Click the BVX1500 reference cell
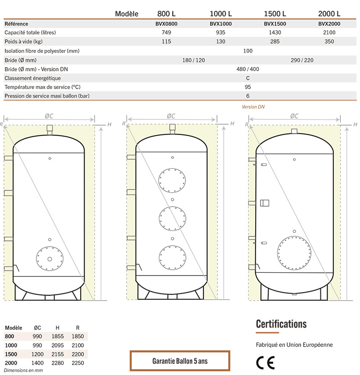pyautogui.click(x=275, y=24)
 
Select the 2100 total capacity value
pyautogui.click(x=329, y=32)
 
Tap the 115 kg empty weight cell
pyautogui.click(x=166, y=41)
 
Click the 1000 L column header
pyautogui.click(x=220, y=14)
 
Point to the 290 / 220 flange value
pyautogui.click(x=302, y=60)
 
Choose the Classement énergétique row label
pyautogui.click(x=32, y=78)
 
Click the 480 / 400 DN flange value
pyautogui.click(x=247, y=69)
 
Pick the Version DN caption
pyautogui.click(x=253, y=107)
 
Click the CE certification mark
pyautogui.click(x=265, y=363)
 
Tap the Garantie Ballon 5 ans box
pyautogui.click(x=180, y=361)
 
